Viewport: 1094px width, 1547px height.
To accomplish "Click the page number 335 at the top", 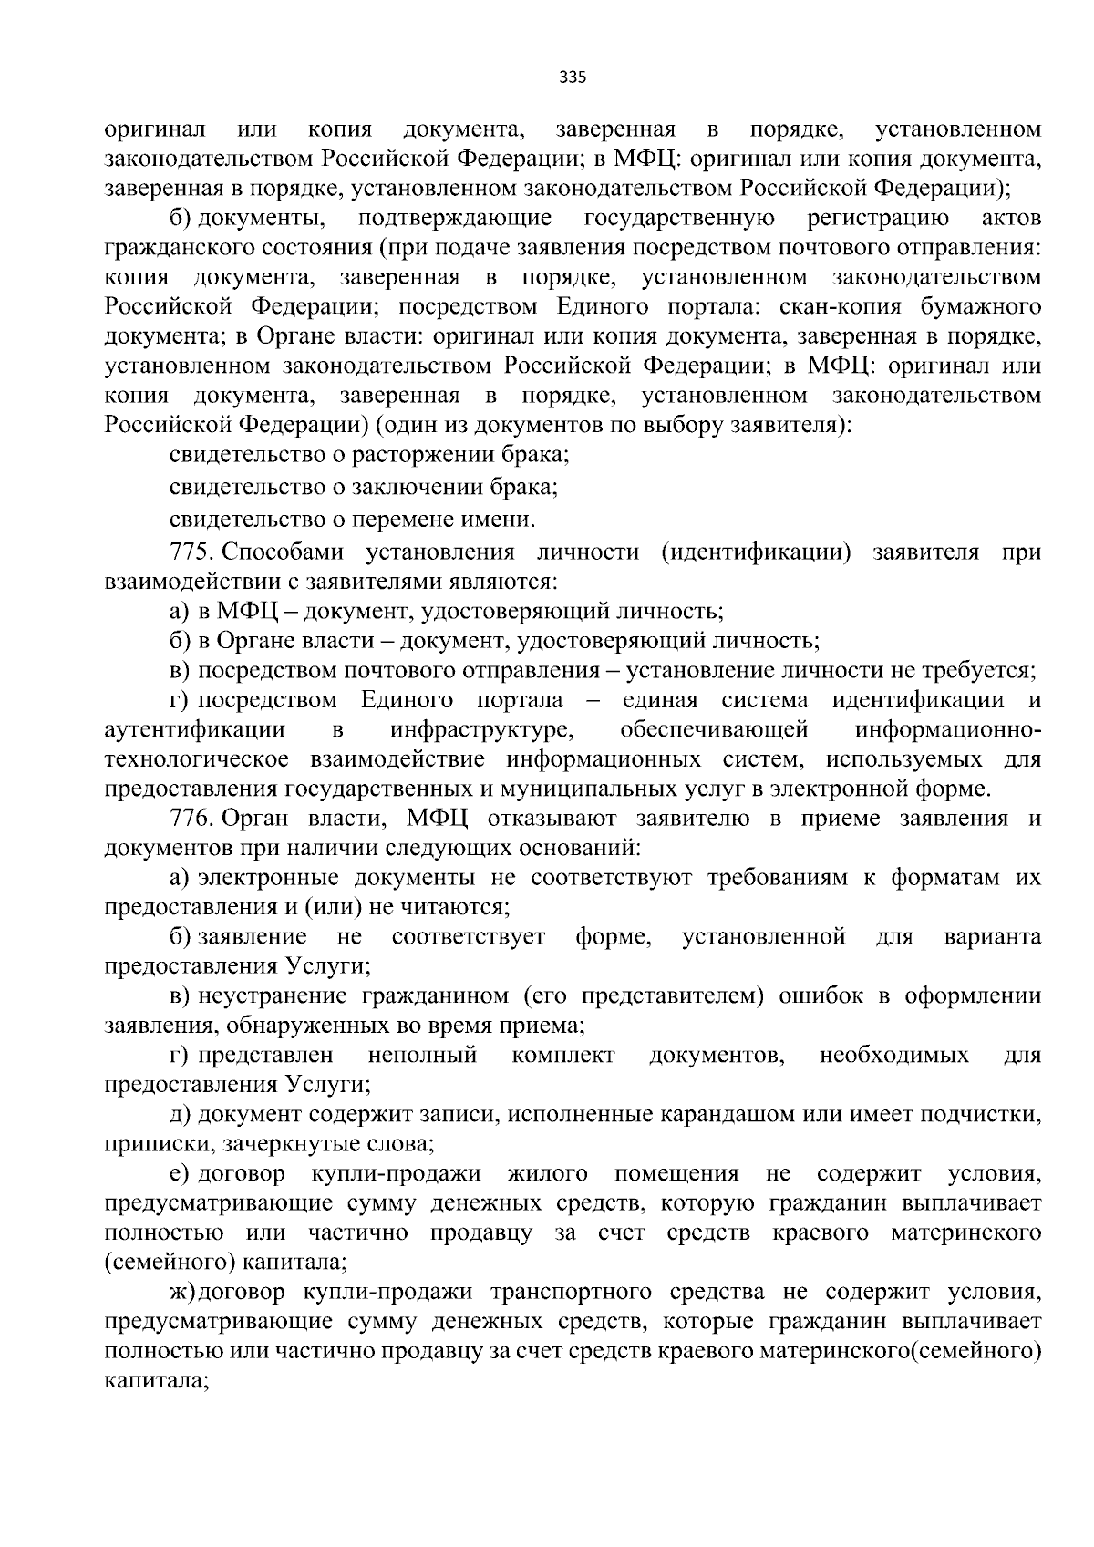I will pyautogui.click(x=573, y=77).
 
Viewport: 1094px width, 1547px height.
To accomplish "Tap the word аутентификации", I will pyautogui.click(x=195, y=730).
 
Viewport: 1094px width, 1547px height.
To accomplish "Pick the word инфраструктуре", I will pyautogui.click(x=481, y=730).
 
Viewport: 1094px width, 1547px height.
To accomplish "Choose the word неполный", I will pyautogui.click(x=422, y=1056).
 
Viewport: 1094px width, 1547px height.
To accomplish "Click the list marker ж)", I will pyautogui.click(x=183, y=1293).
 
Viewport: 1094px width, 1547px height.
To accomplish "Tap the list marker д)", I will pyautogui.click(x=180, y=1114).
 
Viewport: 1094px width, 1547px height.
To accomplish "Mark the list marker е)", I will pyautogui.click(x=180, y=1173).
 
